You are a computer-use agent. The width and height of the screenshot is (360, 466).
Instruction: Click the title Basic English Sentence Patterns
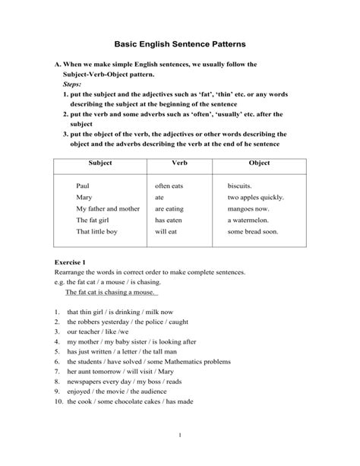pos(180,45)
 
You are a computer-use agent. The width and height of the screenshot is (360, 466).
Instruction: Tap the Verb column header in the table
pos(180,163)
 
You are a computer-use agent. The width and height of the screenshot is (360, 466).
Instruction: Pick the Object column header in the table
pos(259,163)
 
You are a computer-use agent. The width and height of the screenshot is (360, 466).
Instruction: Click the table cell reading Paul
pos(84,185)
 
